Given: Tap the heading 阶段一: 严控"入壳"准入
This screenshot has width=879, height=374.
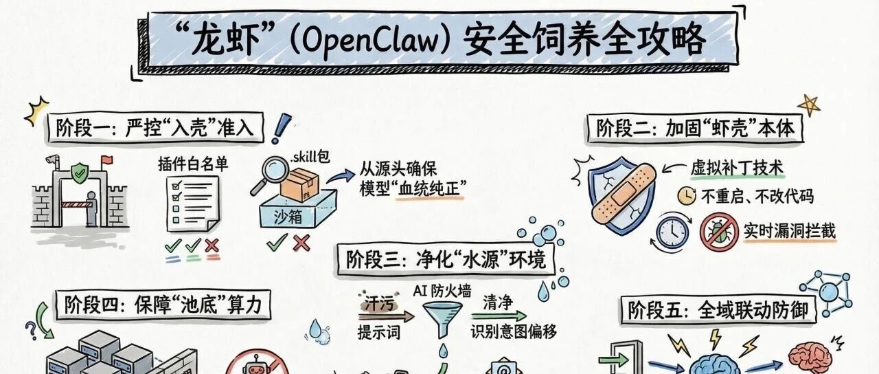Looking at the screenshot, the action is click(155, 128).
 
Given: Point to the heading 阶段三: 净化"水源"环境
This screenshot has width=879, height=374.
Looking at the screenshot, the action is click(446, 259).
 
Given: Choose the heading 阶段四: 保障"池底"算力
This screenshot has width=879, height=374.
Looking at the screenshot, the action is click(163, 305).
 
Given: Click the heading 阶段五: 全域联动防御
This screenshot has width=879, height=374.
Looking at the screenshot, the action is click(718, 310).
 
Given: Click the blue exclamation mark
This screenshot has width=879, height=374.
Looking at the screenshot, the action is click(281, 128).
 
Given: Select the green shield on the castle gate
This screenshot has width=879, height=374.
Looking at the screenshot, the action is click(80, 173).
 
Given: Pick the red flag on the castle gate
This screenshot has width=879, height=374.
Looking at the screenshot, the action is click(106, 160).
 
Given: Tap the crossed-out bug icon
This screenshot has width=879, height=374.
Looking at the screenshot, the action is click(719, 232).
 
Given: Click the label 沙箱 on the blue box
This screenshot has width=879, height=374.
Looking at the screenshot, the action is click(288, 216).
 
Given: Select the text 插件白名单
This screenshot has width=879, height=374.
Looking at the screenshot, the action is click(193, 164).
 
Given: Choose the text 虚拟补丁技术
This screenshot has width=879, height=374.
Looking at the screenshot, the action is click(737, 168).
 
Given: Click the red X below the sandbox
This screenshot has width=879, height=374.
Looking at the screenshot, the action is click(301, 243).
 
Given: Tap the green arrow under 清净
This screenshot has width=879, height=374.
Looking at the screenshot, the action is click(499, 316).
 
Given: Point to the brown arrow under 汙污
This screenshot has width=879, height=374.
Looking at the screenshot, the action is click(386, 316).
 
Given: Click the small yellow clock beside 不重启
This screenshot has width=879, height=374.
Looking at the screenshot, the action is click(687, 195).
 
